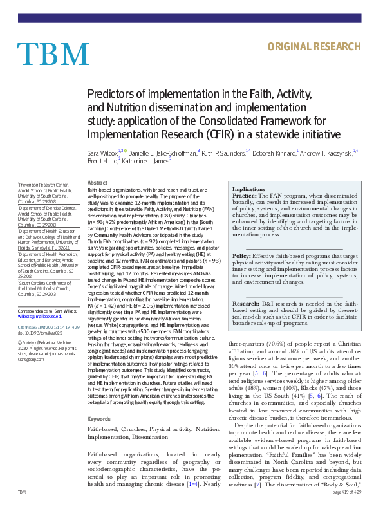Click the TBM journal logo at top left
coord(44,53)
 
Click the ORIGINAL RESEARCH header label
coord(313,46)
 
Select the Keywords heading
coord(98,419)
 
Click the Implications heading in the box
coord(248,189)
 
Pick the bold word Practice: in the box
coord(245,196)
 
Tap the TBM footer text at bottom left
coord(22,491)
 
